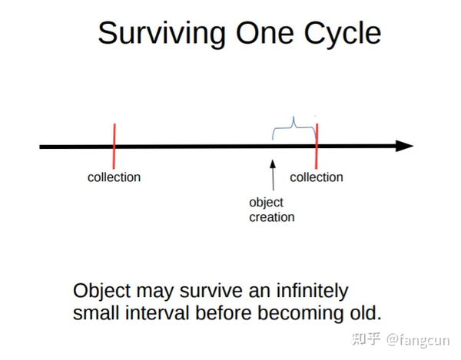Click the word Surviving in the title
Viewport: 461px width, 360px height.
[161, 35]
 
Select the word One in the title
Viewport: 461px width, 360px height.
[264, 33]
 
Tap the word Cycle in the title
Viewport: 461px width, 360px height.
[343, 35]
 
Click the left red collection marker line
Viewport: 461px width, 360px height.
[114, 147]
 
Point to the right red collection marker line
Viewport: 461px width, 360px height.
[317, 147]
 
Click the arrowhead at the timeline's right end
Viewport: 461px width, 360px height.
[405, 146]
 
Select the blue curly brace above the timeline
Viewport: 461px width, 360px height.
[294, 127]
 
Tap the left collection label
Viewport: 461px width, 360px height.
[114, 177]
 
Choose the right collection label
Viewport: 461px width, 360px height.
[317, 177]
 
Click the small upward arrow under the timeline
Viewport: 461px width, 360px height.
[273, 175]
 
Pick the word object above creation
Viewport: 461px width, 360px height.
[266, 203]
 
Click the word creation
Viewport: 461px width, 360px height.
[272, 217]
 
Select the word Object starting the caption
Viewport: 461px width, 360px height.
[101, 292]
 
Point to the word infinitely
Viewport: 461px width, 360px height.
[313, 291]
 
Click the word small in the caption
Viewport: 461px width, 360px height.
[97, 312]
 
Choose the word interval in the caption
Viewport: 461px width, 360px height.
[158, 312]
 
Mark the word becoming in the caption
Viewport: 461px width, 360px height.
[299, 314]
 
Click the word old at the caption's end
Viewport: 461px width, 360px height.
[363, 312]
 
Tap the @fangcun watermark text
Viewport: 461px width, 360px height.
[418, 340]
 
